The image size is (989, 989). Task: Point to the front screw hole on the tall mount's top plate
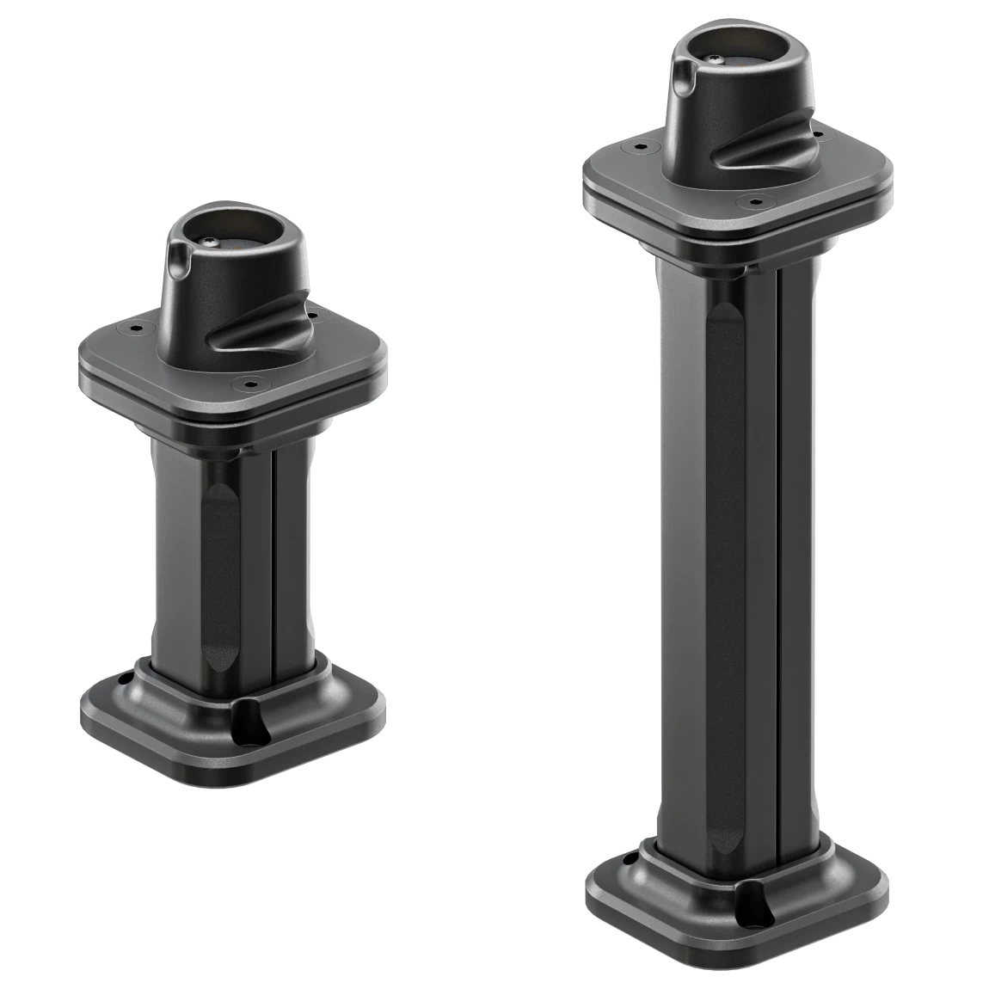click(754, 202)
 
